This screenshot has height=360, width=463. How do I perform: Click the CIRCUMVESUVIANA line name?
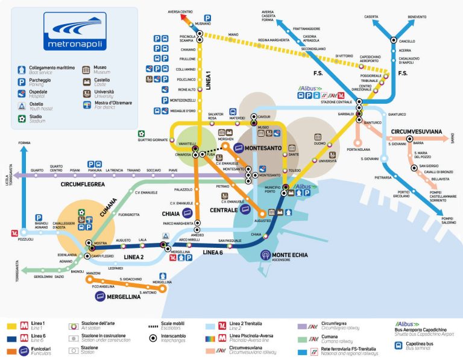[417, 131]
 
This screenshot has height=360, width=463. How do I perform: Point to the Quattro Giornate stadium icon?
[141, 133]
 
